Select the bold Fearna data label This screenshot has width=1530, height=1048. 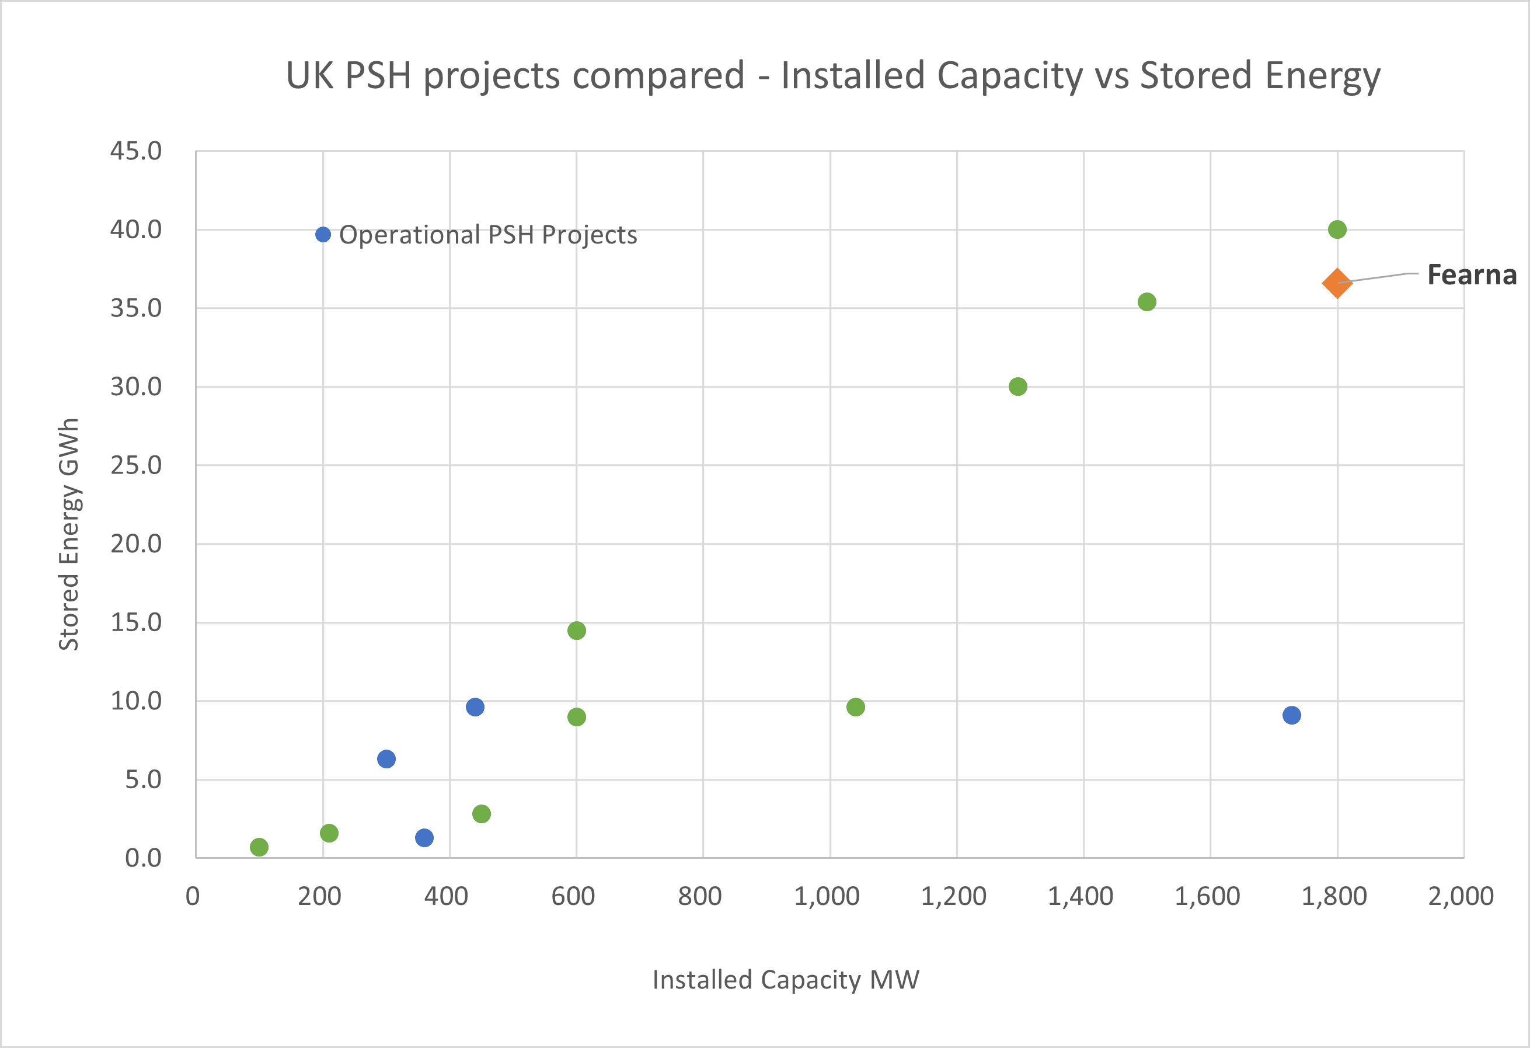[1472, 274]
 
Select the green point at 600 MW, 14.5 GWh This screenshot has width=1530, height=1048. [577, 631]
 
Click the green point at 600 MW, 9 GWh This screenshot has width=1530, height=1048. [577, 717]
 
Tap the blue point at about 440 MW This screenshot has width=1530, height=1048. [475, 707]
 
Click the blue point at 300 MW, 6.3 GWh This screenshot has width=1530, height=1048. [386, 759]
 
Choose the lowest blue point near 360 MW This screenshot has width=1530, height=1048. [424, 838]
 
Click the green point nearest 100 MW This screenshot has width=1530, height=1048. [259, 847]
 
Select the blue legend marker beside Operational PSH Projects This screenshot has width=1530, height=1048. [323, 234]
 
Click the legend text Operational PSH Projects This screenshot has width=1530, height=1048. [488, 235]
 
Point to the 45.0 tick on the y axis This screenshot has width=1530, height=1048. [135, 151]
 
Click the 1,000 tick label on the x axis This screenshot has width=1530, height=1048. [827, 897]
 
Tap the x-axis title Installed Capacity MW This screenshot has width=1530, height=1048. [785, 980]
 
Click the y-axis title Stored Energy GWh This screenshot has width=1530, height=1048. [69, 535]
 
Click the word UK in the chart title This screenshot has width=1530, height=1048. [309, 76]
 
